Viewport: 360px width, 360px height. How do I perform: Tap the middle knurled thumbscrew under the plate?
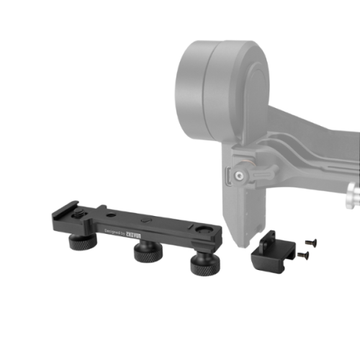(x=148, y=253)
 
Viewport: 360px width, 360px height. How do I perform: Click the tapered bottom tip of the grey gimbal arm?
(x=241, y=230)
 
